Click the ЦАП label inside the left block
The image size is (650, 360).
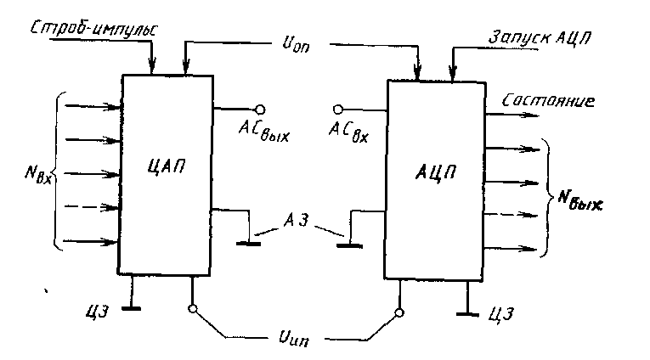pos(167,166)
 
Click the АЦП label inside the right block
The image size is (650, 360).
pos(436,172)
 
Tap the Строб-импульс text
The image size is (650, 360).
pos(94,30)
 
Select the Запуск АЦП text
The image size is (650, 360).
pos(540,37)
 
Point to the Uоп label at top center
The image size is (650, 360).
pos(296,44)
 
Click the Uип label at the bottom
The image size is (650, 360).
pos(294,338)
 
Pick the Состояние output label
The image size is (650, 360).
pos(548,101)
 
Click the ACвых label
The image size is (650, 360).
pos(263,132)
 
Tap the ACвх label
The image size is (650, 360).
pos(348,132)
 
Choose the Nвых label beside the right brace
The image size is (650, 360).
pos(579,200)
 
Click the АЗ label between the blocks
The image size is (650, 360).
pos(296,220)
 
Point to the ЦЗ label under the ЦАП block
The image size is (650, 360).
pos(97,311)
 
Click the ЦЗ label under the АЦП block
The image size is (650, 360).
pos(501,314)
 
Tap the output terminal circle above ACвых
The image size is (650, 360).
pos(260,110)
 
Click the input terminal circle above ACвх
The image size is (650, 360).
pos(338,110)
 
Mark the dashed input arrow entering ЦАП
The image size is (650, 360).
pos(92,207)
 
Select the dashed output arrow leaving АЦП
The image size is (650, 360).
pos(512,215)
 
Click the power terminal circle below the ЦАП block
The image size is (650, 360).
pos(192,308)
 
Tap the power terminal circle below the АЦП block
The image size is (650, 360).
pos(399,312)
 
